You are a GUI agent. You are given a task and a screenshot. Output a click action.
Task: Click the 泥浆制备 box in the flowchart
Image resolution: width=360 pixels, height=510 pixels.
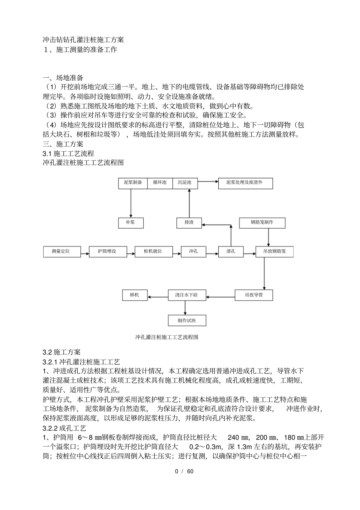[133, 183]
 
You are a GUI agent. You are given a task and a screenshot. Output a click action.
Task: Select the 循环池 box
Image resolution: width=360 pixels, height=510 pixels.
[160, 183]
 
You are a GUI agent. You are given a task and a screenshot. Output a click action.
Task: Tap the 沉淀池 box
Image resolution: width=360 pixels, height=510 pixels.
[185, 183]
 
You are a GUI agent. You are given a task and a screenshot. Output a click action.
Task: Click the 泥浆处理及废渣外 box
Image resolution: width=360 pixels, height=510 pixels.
[245, 183]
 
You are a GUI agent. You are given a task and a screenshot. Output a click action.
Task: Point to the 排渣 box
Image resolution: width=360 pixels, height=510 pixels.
[189, 223]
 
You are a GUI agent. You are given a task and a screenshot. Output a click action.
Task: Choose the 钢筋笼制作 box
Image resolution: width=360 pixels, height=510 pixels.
[262, 223]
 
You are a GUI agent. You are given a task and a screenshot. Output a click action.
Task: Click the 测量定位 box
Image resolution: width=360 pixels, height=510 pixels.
[62, 251]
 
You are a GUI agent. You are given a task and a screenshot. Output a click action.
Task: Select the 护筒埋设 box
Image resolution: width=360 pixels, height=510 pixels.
[107, 251]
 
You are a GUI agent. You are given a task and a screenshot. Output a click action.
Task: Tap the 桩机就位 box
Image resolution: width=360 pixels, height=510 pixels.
[153, 251]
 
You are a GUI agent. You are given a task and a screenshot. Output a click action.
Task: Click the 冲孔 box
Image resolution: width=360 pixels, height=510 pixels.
[193, 251]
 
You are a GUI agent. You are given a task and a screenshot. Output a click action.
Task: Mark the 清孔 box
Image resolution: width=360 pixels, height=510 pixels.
[231, 251]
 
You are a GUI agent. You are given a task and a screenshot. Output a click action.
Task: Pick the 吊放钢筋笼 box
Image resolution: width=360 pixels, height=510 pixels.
[274, 251]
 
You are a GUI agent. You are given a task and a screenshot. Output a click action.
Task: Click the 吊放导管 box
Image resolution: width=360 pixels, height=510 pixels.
[254, 295]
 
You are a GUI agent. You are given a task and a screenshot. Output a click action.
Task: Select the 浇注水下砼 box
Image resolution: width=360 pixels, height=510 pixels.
[186, 295]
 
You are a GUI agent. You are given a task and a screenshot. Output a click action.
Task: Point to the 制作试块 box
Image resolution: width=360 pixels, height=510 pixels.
[187, 321]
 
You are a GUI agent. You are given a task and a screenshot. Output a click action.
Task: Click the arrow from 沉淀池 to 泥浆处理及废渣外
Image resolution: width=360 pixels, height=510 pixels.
[208, 181]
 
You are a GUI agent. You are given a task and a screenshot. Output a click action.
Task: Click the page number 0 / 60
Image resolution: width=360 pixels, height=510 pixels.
[184, 472]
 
